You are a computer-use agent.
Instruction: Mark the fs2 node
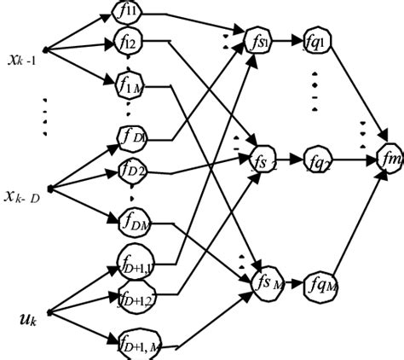pyautogui.click(x=260, y=159)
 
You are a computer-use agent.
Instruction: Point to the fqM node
pyautogui.click(x=322, y=280)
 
